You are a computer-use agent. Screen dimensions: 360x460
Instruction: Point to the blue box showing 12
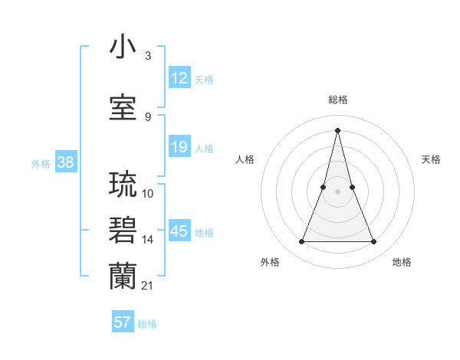coord(179,79)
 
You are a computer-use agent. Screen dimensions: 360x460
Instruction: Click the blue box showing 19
coord(179,148)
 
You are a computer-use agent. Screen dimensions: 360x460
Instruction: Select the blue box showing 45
coord(179,232)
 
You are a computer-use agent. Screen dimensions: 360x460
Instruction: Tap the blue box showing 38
coord(65,162)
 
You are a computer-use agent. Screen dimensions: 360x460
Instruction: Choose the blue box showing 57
coord(123,322)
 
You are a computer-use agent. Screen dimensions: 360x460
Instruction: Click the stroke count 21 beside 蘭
coord(147,286)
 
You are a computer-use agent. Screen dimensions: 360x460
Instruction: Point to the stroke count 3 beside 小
coord(147,57)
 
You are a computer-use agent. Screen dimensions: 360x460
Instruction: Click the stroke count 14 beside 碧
coord(148,240)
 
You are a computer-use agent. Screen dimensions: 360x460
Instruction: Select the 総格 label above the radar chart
coord(338,100)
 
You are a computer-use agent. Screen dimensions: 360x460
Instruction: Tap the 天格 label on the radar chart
coord(432,159)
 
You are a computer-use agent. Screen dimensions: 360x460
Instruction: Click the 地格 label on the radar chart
coord(402,262)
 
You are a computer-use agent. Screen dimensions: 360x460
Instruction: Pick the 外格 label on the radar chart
coord(271,262)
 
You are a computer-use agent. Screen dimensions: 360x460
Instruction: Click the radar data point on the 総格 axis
coord(337,129)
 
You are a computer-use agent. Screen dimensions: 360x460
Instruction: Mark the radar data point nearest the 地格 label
coord(374,242)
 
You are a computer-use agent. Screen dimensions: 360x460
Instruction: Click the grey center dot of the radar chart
coord(337,191)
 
